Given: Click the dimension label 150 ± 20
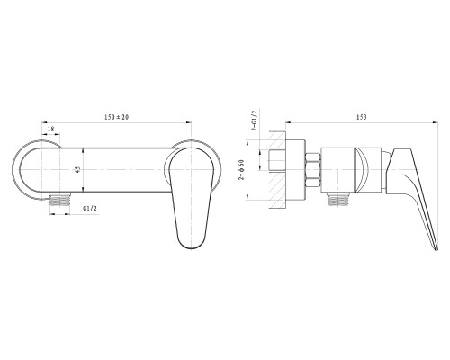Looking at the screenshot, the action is (116, 117).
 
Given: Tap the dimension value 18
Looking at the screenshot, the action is (51, 129).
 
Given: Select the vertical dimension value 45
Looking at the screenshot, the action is (78, 170).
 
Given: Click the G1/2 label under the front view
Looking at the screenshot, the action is (90, 209).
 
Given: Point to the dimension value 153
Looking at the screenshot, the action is (362, 117).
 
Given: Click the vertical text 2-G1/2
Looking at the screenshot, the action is (255, 121).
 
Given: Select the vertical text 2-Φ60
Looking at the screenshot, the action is (241, 170).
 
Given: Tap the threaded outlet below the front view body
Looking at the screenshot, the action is (60, 200).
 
